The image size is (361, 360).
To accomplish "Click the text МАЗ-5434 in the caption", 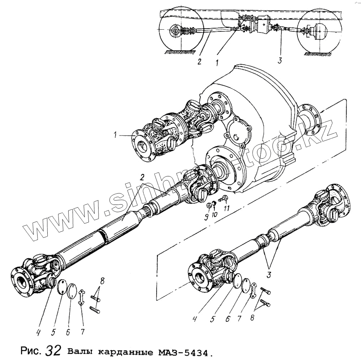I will (x=182, y=351).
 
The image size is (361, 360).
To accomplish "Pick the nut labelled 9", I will (x=209, y=206).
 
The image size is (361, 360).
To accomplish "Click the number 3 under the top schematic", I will (x=279, y=61).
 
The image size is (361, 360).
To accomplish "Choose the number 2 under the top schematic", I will (x=199, y=61).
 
